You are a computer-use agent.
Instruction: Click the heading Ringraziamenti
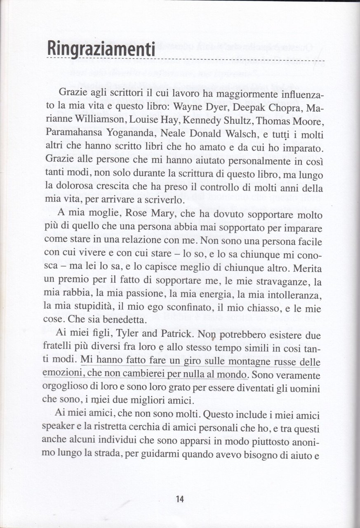click(x=101, y=50)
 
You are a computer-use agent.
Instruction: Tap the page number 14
click(x=180, y=499)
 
